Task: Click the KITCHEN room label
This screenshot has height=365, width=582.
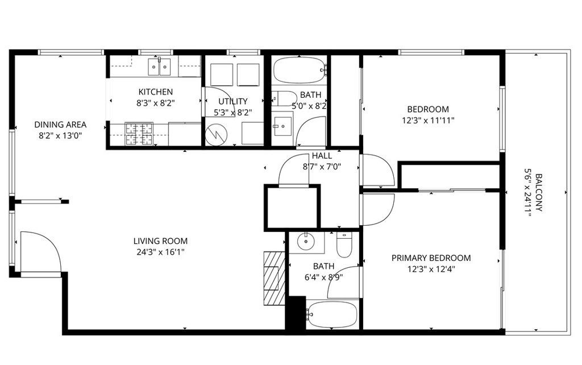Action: [x=155, y=92]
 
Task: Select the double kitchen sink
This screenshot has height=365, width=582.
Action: [x=159, y=67]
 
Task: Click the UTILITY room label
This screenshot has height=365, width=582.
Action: [x=233, y=101]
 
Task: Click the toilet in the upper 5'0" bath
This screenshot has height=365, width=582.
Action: [x=284, y=98]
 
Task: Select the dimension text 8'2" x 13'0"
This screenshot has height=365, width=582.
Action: [x=60, y=135]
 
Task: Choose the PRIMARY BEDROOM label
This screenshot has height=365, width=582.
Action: [x=431, y=258]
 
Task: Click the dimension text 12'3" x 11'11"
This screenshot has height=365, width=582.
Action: [x=428, y=120]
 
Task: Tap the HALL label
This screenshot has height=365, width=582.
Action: [x=322, y=156]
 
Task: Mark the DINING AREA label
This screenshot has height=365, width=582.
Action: [x=60, y=125]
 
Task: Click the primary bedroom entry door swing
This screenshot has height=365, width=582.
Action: [x=376, y=208]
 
